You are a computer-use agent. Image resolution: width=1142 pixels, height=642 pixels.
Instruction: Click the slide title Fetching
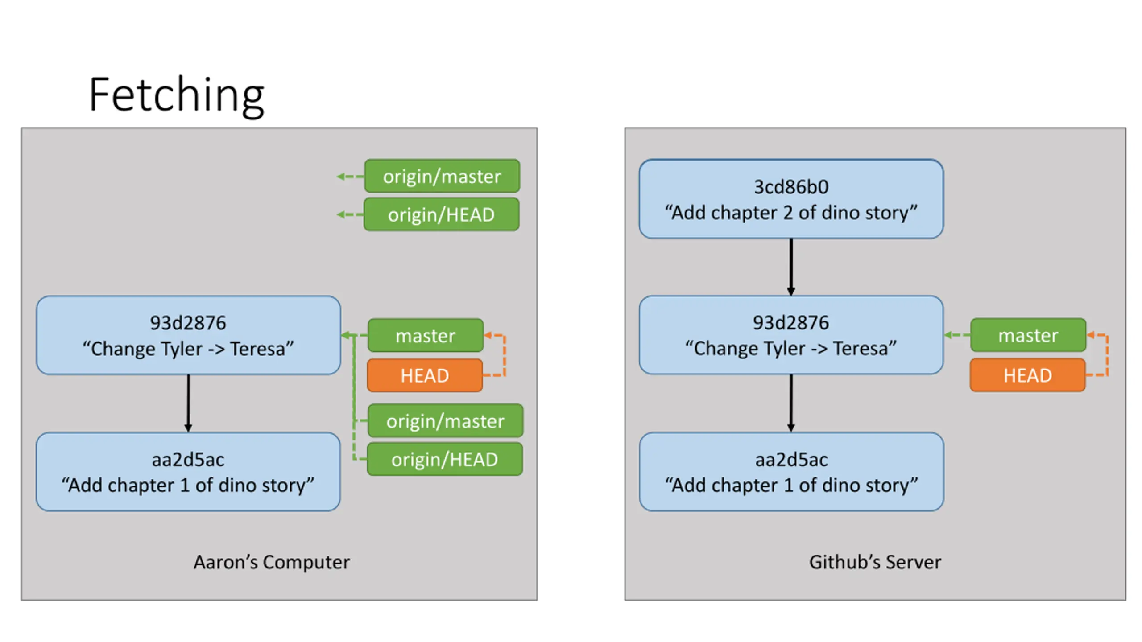click(x=177, y=95)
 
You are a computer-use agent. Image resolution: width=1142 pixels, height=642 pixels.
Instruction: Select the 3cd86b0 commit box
click(x=791, y=199)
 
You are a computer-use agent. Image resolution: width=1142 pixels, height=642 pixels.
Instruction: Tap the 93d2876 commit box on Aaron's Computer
click(x=188, y=335)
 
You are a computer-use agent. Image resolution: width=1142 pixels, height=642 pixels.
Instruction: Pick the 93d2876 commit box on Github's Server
click(x=791, y=335)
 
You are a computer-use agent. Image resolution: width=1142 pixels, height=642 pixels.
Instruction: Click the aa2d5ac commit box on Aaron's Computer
click(x=188, y=472)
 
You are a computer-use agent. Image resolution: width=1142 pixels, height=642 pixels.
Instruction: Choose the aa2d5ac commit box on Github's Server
click(x=791, y=472)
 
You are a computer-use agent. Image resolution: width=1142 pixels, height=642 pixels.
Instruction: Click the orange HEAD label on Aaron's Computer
click(x=425, y=375)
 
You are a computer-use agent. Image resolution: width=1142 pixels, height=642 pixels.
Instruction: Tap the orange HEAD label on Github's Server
click(x=1028, y=375)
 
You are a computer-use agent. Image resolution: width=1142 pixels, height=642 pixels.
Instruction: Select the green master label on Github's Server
click(x=1028, y=335)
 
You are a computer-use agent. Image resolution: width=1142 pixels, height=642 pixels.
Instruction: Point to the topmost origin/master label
click(x=442, y=176)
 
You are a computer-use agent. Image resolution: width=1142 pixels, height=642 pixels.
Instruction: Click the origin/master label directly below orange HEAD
click(x=445, y=421)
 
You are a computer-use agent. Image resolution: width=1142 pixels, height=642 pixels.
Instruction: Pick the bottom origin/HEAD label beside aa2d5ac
click(x=445, y=459)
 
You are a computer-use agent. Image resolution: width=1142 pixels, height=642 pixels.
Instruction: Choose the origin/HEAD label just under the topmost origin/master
click(x=442, y=214)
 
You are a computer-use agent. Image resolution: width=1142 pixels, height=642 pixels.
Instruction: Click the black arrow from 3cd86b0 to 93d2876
click(x=791, y=267)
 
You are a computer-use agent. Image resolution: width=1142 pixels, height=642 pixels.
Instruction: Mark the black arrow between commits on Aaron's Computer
click(x=188, y=403)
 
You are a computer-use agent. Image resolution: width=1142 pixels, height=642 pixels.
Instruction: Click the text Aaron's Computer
click(x=272, y=562)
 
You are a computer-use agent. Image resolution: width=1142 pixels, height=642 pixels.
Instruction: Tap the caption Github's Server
click(x=875, y=562)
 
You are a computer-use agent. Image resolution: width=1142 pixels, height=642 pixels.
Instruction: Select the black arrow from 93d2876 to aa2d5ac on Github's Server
click(x=791, y=403)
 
